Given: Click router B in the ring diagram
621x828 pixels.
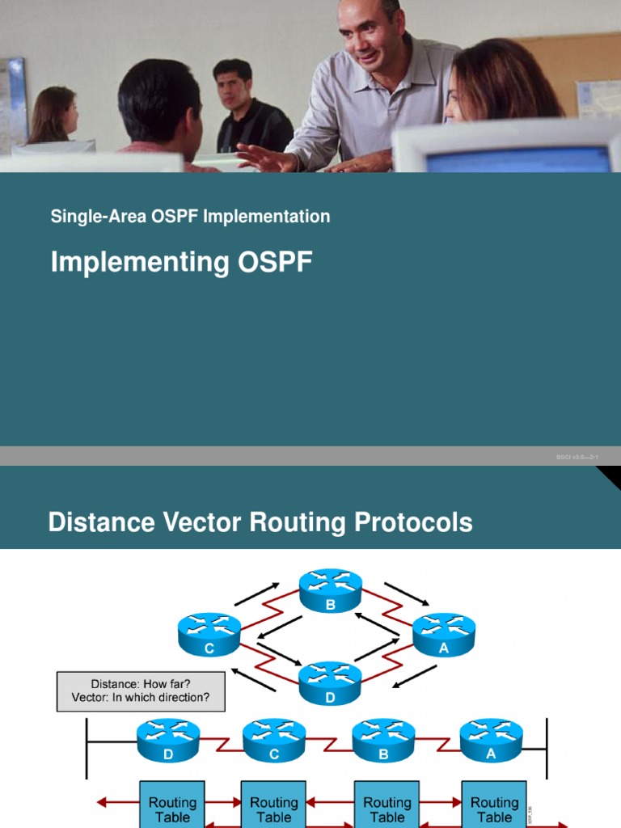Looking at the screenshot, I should coord(331,591).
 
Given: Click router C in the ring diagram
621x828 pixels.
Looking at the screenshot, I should coord(209,633).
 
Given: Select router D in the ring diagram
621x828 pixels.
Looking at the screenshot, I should coord(331,683).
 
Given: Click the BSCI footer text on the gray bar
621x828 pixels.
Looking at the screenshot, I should coord(577,458).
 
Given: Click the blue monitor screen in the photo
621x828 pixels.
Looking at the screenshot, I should coord(518,158).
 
